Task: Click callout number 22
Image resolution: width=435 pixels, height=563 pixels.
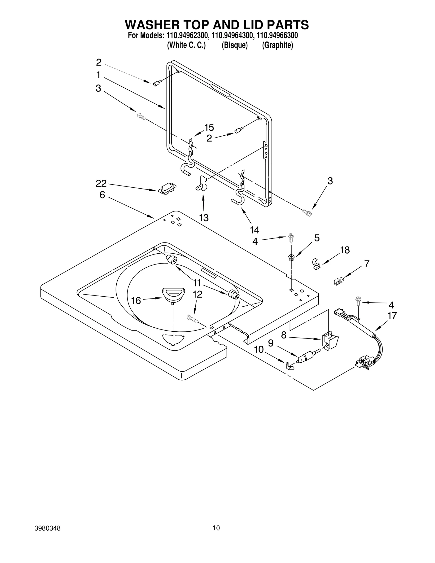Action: click(x=101, y=184)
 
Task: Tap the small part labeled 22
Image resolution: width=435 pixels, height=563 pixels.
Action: click(x=167, y=188)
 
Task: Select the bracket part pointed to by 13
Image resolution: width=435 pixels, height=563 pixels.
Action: click(x=201, y=183)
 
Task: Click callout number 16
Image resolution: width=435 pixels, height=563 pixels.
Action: click(x=136, y=301)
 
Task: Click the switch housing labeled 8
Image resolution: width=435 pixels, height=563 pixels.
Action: click(x=330, y=340)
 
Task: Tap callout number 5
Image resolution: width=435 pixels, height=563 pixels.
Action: click(x=317, y=238)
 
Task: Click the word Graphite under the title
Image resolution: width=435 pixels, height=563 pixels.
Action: click(x=277, y=45)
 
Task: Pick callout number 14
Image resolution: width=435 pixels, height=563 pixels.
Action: click(x=254, y=230)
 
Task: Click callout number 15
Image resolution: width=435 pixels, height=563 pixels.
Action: click(x=209, y=127)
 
